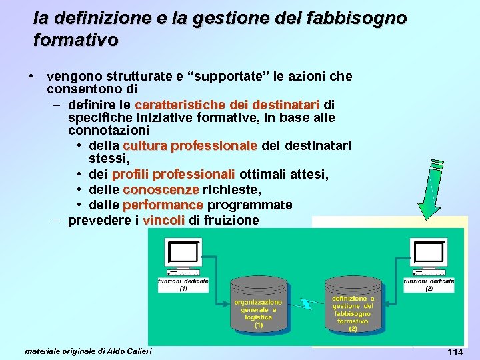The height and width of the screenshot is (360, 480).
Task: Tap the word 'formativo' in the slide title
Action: pyautogui.click(x=75, y=41)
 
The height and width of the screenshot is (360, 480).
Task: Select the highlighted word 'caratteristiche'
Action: pyautogui.click(x=180, y=105)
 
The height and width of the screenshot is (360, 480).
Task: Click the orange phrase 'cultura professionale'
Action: pyautogui.click(x=190, y=145)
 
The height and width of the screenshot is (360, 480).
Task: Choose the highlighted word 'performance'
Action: pyautogui.click(x=163, y=204)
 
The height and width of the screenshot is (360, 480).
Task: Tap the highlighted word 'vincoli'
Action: pyautogui.click(x=164, y=220)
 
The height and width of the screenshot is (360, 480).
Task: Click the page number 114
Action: pyautogui.click(x=455, y=352)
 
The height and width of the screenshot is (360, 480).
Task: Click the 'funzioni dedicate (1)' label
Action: pyautogui.click(x=183, y=285)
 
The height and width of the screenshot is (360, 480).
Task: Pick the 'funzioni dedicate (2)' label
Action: pyautogui.click(x=429, y=285)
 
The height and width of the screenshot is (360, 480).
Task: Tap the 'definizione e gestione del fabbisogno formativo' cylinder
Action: pyautogui.click(x=353, y=310)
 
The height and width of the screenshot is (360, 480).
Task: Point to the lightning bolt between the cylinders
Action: pyautogui.click(x=307, y=304)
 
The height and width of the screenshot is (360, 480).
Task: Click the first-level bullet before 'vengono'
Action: pyautogui.click(x=31, y=76)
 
